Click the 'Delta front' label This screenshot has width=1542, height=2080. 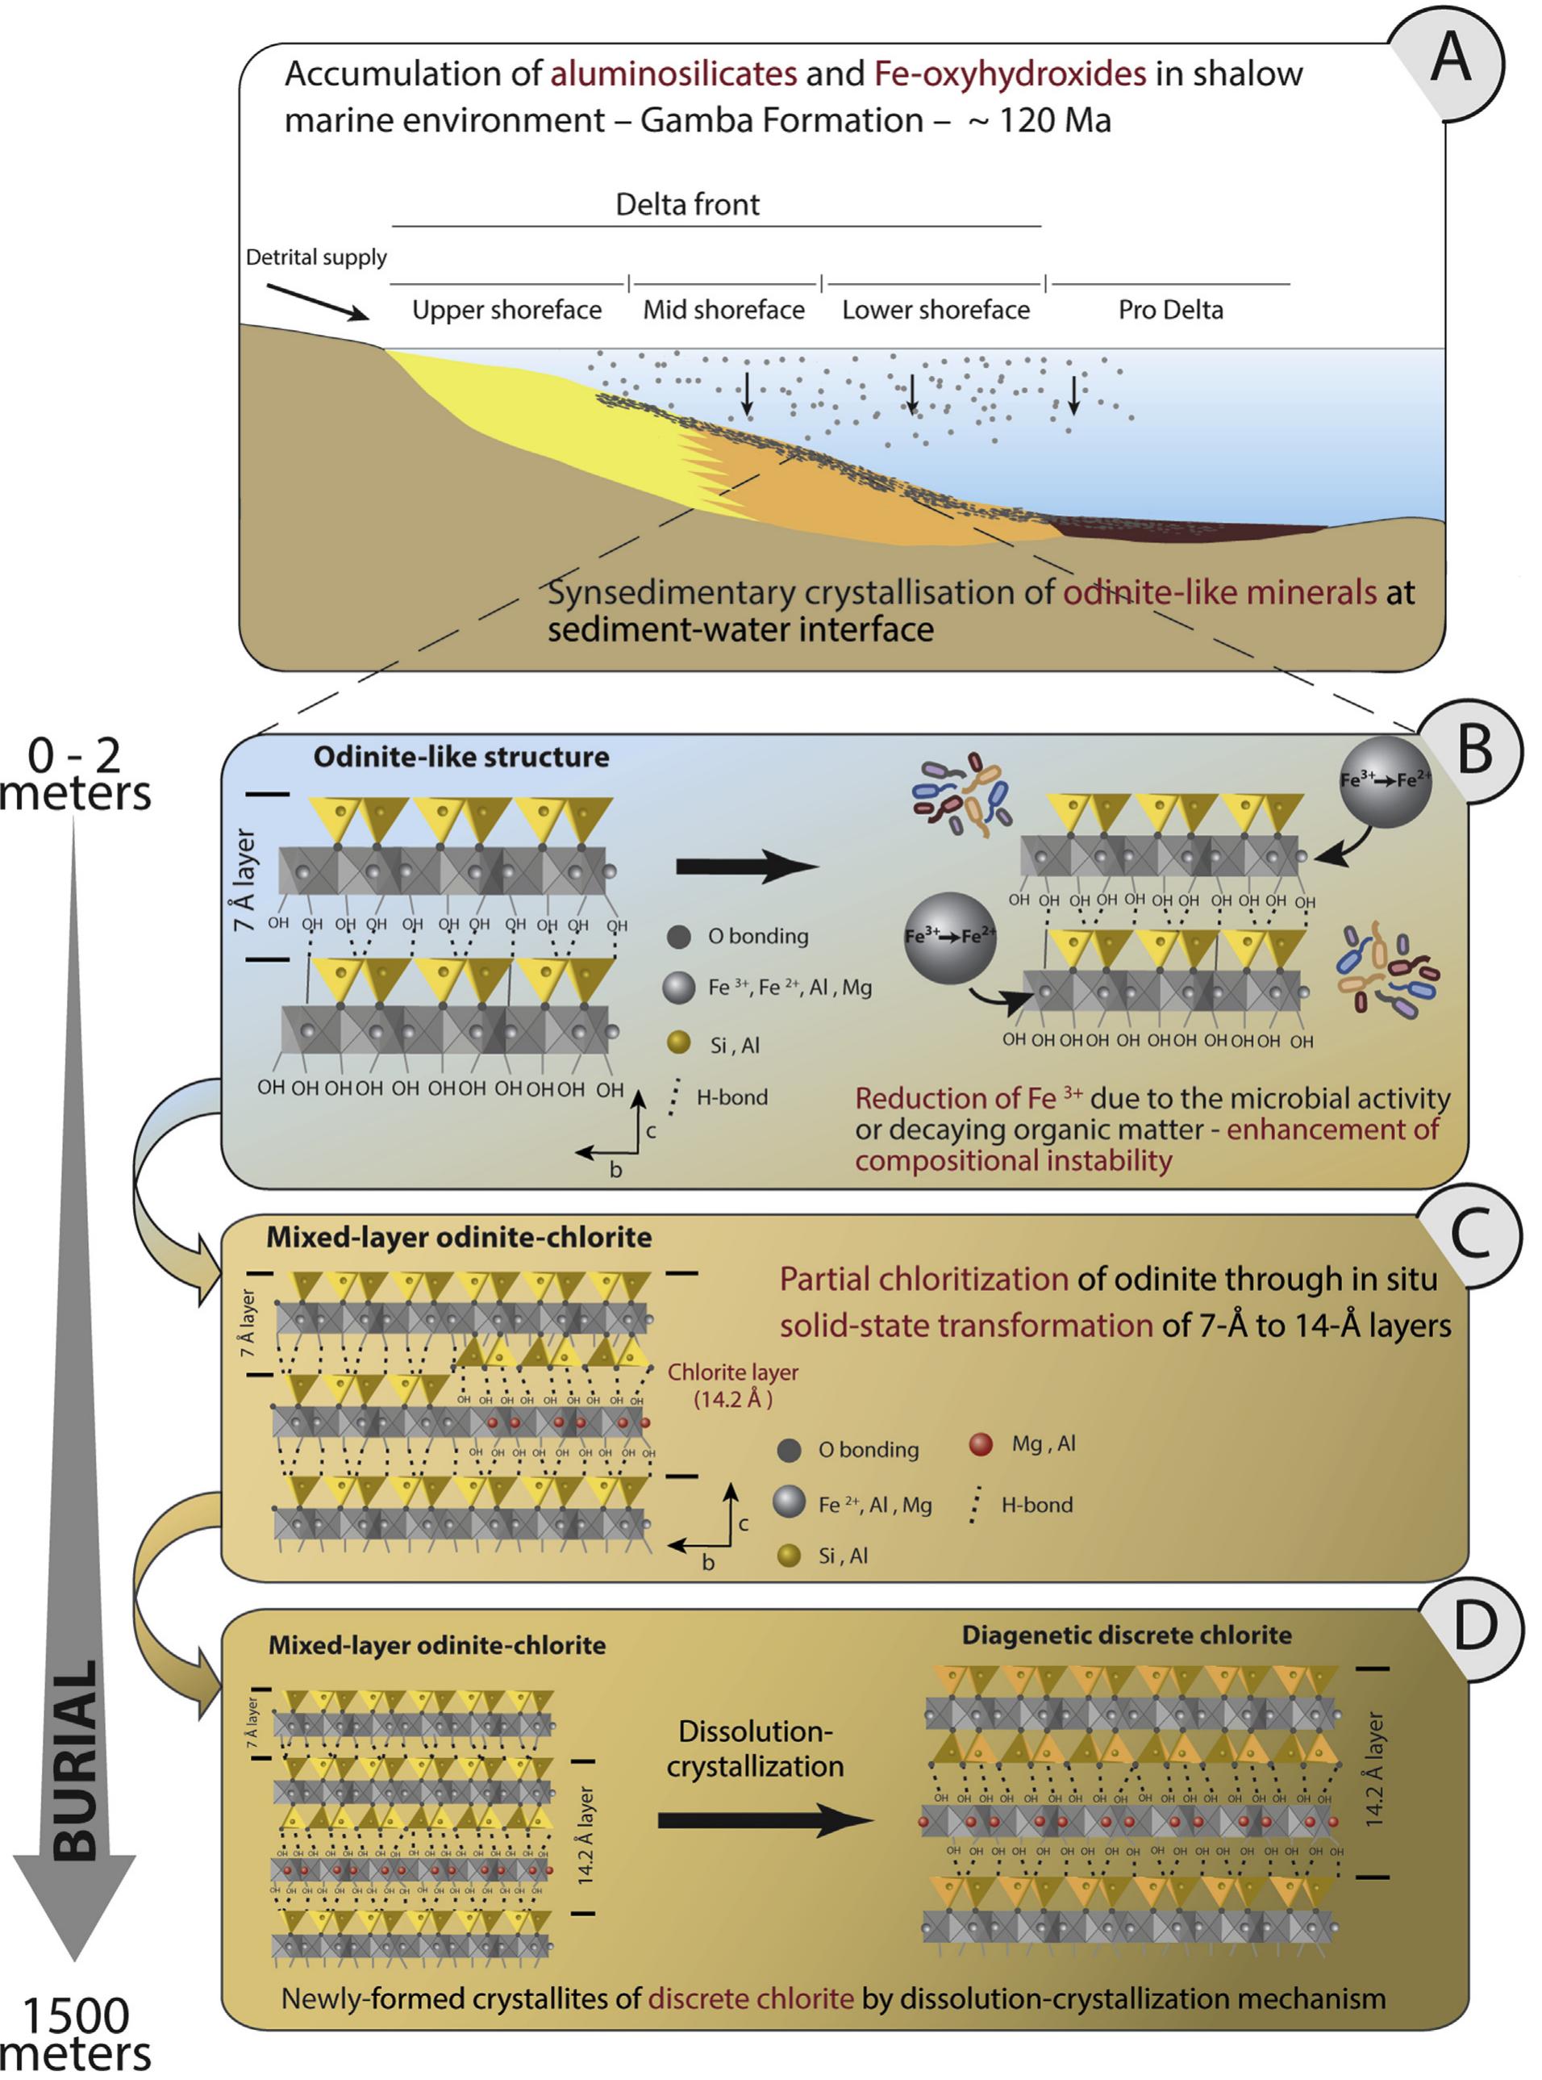(687, 204)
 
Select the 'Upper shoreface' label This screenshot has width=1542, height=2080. (506, 310)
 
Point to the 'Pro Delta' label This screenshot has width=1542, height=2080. (1169, 310)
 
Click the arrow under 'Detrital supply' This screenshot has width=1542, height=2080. (318, 303)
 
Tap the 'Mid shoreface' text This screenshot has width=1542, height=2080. (723, 310)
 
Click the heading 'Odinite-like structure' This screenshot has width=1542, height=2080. (461, 757)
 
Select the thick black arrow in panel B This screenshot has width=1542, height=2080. (746, 867)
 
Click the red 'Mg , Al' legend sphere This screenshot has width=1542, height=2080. (980, 1444)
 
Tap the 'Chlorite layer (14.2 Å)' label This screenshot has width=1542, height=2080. (733, 1385)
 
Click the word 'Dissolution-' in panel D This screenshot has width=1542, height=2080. (754, 1731)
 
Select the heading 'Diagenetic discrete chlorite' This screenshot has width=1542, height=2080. (1127, 1635)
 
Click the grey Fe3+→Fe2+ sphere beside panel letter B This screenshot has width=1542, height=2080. (1384, 781)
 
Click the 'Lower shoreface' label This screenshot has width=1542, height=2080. (936, 310)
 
